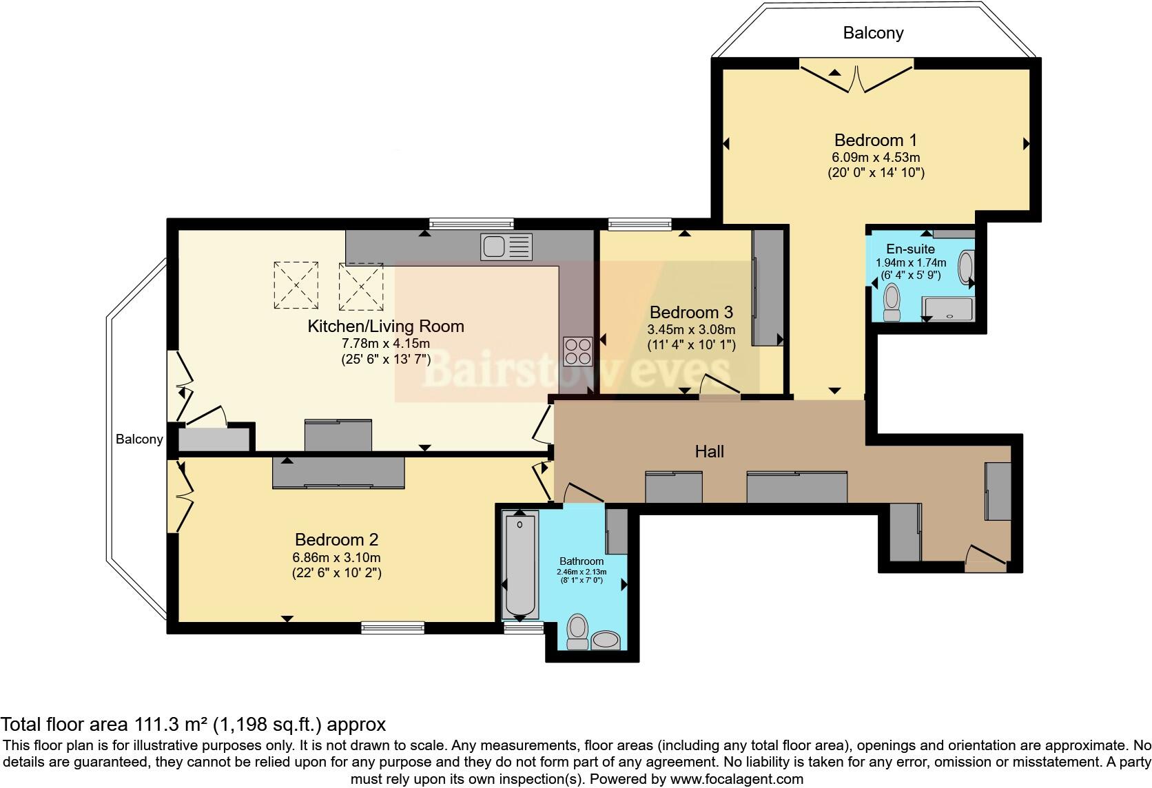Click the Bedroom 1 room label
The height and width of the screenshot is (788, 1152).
(x=875, y=141)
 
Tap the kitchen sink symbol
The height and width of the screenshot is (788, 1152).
(x=507, y=247)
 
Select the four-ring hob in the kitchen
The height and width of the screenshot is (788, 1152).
(x=577, y=350)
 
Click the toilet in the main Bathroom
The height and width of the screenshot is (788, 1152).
(x=577, y=631)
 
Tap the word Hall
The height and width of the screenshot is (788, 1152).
(x=709, y=451)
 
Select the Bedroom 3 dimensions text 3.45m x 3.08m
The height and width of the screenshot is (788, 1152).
(x=691, y=329)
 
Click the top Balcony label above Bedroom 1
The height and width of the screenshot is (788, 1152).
(x=873, y=33)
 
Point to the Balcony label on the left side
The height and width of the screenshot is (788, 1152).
(x=139, y=439)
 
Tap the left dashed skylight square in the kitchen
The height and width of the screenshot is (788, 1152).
(x=296, y=285)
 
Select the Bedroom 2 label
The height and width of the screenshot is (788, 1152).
(x=336, y=539)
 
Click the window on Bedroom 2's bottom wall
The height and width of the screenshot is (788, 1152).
(x=393, y=627)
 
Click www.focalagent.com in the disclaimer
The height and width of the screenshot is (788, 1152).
(x=737, y=779)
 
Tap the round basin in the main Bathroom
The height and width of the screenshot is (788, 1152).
(x=606, y=640)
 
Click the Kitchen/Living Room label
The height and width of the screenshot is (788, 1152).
(x=386, y=326)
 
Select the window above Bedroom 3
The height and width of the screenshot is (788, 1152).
(x=639, y=223)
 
